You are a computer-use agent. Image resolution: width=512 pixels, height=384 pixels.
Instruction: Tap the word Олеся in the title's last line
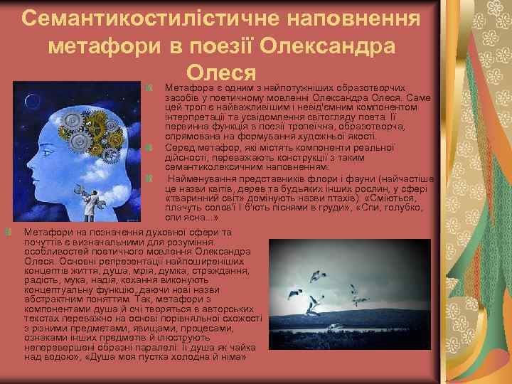click(220, 73)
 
